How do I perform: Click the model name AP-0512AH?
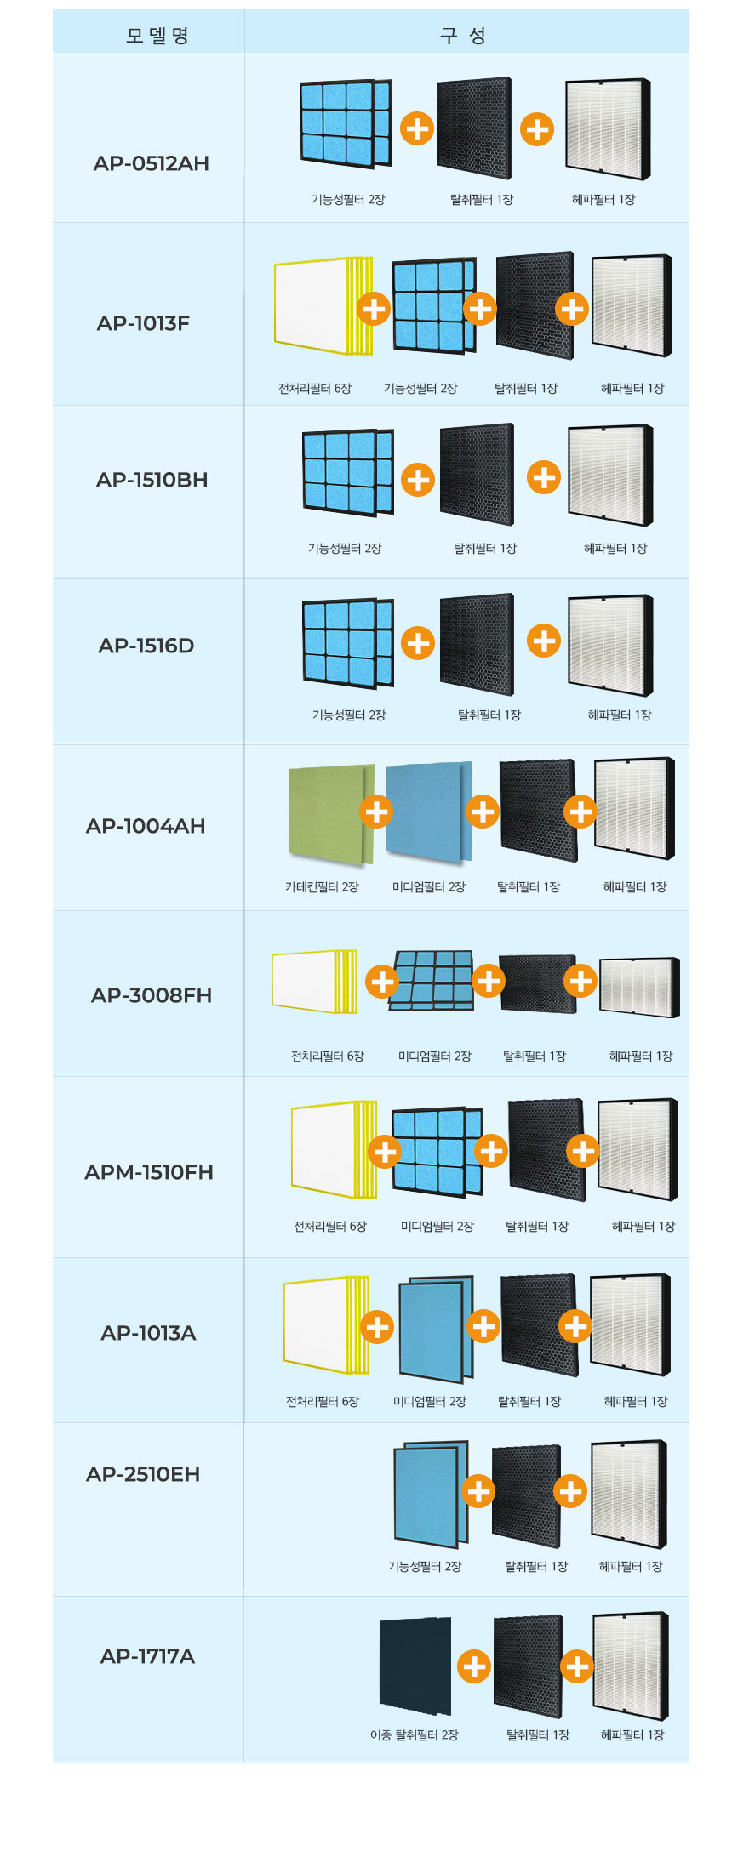click(x=151, y=163)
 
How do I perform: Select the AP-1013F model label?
click(x=143, y=323)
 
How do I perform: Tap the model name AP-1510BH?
click(x=152, y=480)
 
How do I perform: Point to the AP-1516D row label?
click(x=146, y=646)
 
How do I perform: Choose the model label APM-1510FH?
click(x=149, y=1172)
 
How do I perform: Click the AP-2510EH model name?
click(x=143, y=1474)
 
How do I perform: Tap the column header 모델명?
click(x=157, y=36)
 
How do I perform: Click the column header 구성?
click(x=464, y=36)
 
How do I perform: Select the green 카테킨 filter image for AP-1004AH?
click(x=330, y=813)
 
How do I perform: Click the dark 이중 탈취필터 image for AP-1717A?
click(x=415, y=1666)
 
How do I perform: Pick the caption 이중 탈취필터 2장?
click(x=414, y=1734)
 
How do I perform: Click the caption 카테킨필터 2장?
click(x=322, y=886)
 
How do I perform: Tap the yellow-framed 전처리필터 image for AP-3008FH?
click(x=313, y=982)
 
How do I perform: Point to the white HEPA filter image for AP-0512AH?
click(x=607, y=129)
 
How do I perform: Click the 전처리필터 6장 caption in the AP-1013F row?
click(x=314, y=388)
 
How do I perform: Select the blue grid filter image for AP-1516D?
click(x=347, y=643)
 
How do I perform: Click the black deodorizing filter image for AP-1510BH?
click(x=477, y=475)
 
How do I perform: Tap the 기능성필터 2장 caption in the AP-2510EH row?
click(x=425, y=1566)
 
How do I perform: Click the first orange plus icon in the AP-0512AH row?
click(x=417, y=128)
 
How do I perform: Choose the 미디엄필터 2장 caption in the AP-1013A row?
click(x=430, y=1401)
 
